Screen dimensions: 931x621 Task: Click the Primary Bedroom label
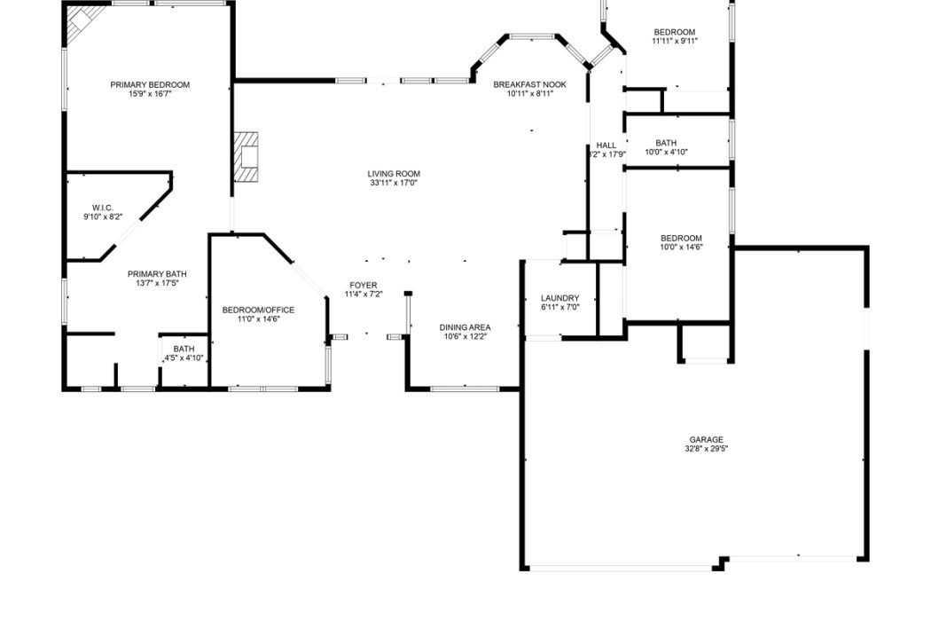150,85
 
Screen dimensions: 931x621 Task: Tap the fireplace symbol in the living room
246,157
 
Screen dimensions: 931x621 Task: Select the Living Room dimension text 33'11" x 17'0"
394,183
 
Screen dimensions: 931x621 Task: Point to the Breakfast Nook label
529,85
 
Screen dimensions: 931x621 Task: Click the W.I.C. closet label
103,208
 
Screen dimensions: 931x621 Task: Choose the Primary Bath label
157,274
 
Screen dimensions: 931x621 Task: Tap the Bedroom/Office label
258,310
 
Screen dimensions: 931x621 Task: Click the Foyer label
364,286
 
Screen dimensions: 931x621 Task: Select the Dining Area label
465,327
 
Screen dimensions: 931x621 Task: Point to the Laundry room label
559,298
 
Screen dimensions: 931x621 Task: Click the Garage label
707,440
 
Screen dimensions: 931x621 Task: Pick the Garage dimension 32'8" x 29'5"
707,449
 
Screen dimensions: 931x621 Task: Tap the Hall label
606,145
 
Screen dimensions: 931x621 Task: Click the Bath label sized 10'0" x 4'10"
666,143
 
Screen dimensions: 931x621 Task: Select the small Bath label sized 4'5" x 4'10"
184,349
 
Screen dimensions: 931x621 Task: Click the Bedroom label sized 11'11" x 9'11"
675,32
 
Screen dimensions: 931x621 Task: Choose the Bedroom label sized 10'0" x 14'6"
681,239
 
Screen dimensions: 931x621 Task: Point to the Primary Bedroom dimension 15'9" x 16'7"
150,94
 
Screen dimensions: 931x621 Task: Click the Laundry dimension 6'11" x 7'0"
559,308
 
